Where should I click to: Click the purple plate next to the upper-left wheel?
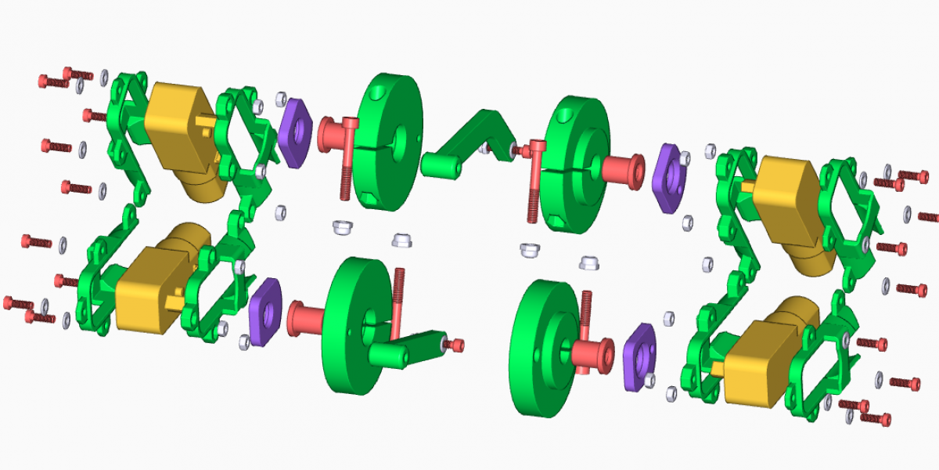293,133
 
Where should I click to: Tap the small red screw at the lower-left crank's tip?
455,344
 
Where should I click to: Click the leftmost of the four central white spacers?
341,227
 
